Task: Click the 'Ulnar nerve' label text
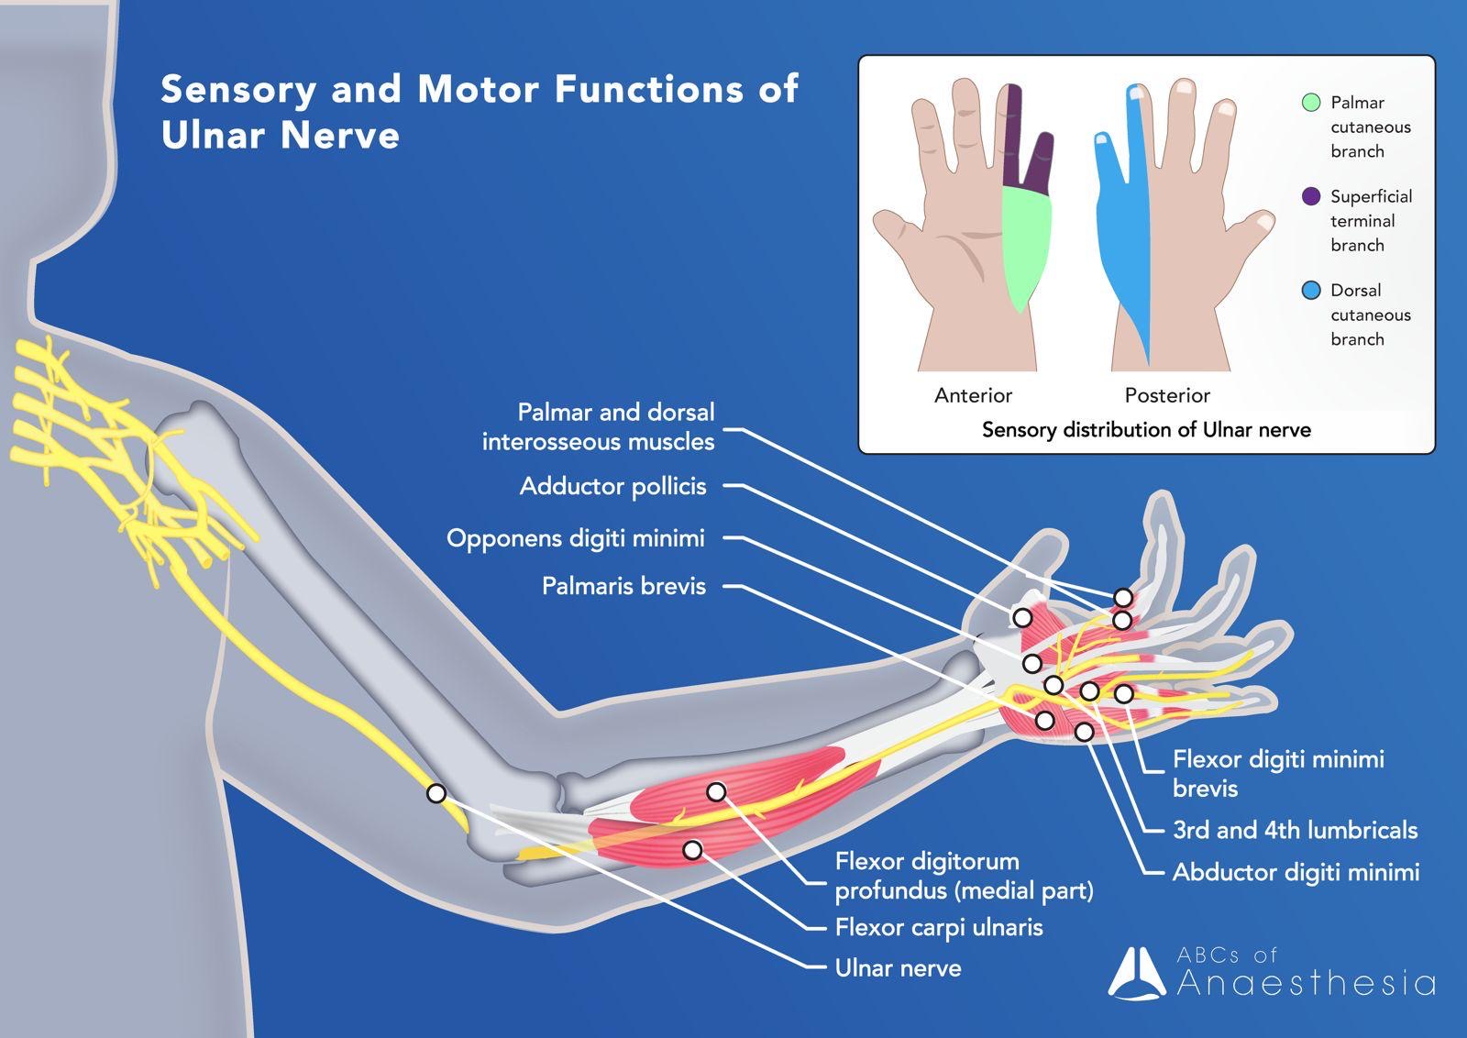click(x=898, y=968)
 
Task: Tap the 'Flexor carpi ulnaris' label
click(x=938, y=928)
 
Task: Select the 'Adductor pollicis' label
click(x=612, y=486)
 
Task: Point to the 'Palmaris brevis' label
click(x=623, y=586)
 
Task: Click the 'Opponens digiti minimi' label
click(x=575, y=538)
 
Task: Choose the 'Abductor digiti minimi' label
click(x=1296, y=872)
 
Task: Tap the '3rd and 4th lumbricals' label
click(x=1295, y=831)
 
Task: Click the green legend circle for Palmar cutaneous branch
click(x=1311, y=103)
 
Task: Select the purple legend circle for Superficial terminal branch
click(x=1311, y=196)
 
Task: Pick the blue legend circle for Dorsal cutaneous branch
click(x=1311, y=291)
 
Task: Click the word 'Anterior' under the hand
click(x=973, y=395)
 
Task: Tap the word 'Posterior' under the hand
click(x=1167, y=395)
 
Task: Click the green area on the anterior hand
click(x=1025, y=243)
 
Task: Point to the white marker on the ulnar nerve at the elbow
click(x=436, y=793)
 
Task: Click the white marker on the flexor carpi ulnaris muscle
click(x=693, y=850)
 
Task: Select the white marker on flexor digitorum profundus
click(x=716, y=791)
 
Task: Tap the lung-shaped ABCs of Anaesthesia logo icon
click(x=1136, y=973)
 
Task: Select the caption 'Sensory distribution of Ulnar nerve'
click(x=1146, y=430)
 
